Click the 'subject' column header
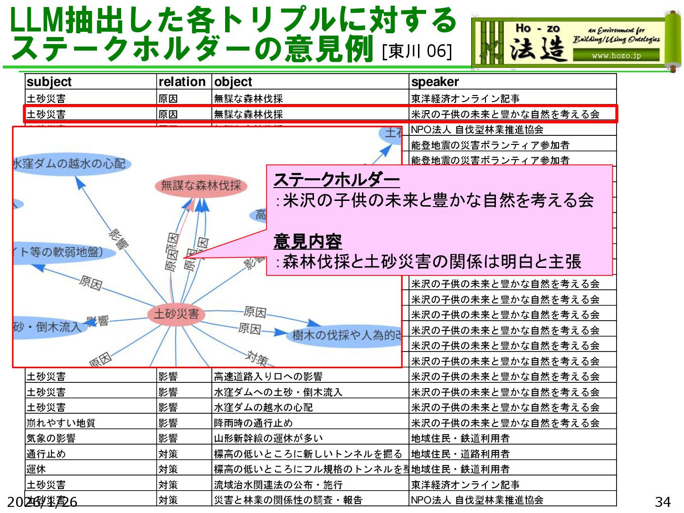49,82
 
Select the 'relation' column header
182,82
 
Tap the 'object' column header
233,82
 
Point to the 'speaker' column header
435,82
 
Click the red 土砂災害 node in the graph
176,314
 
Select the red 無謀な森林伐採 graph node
201,185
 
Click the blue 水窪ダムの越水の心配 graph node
70,164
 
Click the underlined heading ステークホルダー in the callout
336,180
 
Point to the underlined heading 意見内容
308,241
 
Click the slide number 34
663,502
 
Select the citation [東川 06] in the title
417,51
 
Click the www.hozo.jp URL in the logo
616,56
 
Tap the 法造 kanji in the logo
538,49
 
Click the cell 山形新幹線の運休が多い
268,438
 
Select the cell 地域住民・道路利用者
460,454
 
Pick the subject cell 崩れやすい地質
61,423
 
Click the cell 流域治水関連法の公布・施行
278,484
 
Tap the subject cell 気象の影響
51,438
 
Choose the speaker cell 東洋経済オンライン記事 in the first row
465,98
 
